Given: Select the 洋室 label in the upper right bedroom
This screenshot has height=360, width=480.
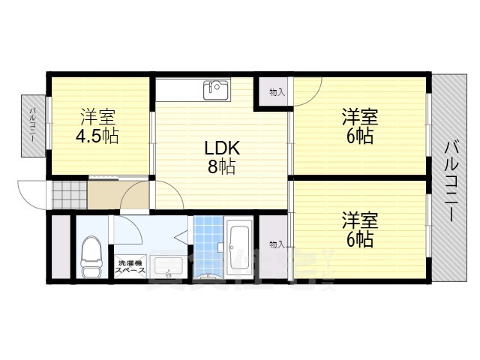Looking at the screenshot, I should pyautogui.click(x=360, y=117).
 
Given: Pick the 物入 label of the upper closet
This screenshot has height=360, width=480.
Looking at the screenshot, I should pyautogui.click(x=277, y=92).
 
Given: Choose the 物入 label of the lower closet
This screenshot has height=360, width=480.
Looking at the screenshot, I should pyautogui.click(x=277, y=244).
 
